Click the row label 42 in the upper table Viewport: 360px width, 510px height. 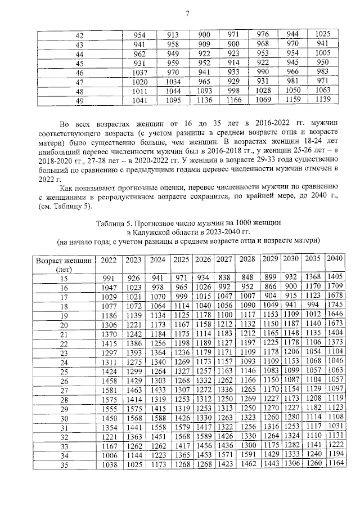tap(79, 35)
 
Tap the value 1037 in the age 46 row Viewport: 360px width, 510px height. tap(139, 73)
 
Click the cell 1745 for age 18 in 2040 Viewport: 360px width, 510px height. tap(335, 306)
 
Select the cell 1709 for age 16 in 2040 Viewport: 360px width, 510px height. tap(335, 287)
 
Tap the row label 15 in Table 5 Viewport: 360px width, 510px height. tap(63, 278)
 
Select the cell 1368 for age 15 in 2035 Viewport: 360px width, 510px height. tap(313, 278)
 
